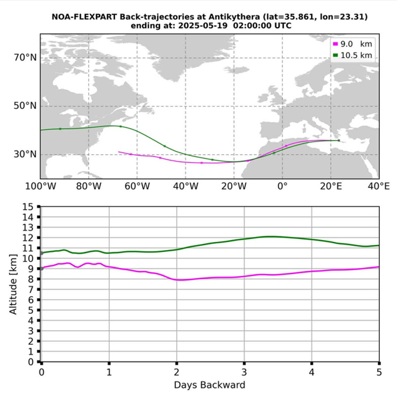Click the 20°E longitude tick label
(x=330, y=187)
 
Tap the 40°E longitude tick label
(x=379, y=187)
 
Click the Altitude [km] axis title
(x=13, y=284)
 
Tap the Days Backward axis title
(x=210, y=385)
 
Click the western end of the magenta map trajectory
(x=119, y=152)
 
